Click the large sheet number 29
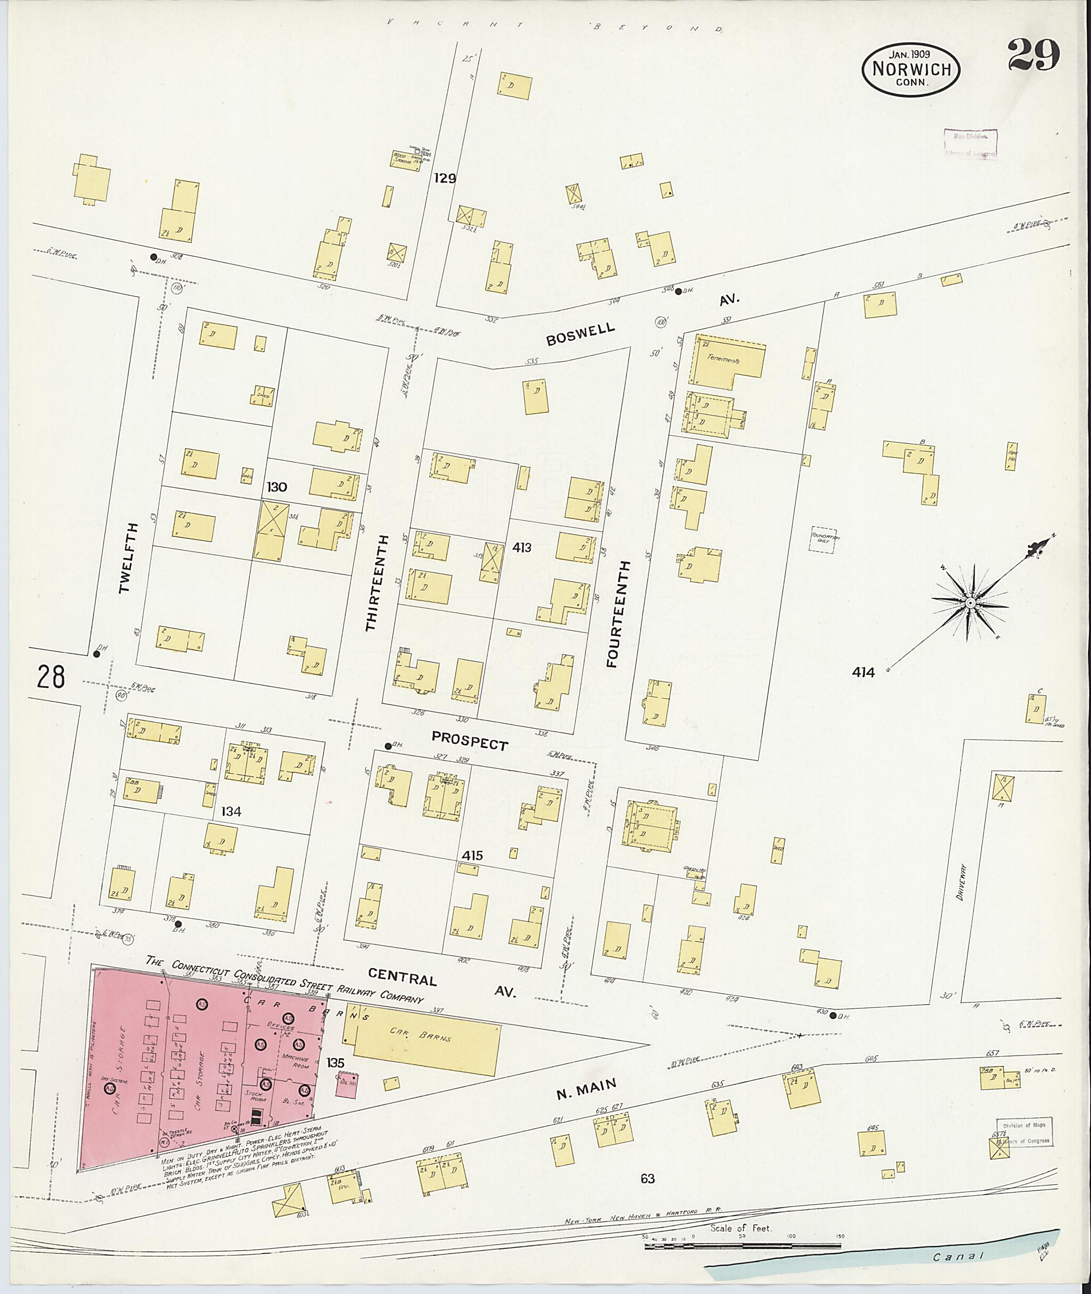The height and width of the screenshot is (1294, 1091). (1033, 55)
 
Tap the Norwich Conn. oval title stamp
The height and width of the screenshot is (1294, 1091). (911, 69)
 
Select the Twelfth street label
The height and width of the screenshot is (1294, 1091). (128, 558)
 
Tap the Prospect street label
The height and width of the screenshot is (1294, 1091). (469, 740)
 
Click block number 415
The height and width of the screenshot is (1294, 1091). (471, 856)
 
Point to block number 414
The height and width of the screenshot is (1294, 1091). (863, 672)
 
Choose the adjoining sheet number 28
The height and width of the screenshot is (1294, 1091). (50, 677)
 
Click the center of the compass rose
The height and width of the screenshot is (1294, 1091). (971, 603)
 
